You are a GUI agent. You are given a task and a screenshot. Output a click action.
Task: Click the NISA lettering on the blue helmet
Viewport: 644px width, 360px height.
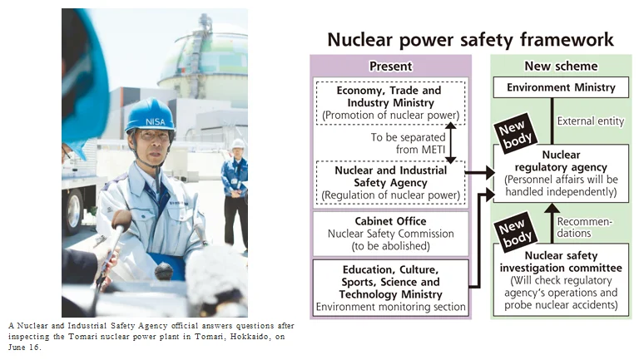(156, 121)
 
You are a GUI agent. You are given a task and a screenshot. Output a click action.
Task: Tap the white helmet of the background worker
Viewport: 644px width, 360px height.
(238, 144)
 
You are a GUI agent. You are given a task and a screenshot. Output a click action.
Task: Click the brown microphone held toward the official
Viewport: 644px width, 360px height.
(121, 221)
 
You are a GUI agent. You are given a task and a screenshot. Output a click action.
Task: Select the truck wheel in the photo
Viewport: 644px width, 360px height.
(74, 210)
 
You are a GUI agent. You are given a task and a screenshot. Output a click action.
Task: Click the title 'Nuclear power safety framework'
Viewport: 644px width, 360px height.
(470, 40)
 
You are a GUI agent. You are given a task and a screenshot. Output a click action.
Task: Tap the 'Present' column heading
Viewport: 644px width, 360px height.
(390, 66)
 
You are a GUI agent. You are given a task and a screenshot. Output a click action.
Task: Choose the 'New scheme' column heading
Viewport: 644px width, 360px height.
(561, 66)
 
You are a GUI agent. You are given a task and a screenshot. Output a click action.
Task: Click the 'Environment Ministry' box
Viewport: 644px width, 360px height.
(561, 87)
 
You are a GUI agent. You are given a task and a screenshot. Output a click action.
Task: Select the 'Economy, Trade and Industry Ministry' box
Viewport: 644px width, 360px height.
(390, 102)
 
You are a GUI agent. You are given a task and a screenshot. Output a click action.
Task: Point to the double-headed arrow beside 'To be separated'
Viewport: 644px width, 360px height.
(451, 143)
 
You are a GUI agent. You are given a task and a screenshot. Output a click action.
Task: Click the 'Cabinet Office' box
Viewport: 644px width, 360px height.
(390, 234)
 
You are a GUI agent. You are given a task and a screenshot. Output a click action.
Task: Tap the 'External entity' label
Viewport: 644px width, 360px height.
(591, 121)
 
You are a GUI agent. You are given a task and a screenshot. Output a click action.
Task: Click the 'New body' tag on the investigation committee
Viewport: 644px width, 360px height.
(515, 232)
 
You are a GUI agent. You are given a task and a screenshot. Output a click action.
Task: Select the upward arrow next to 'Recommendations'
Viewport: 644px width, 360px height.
(552, 224)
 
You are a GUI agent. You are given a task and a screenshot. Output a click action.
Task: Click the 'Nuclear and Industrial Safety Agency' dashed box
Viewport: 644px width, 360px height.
(390, 183)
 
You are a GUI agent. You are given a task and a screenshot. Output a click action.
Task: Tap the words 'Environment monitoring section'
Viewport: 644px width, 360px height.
(390, 307)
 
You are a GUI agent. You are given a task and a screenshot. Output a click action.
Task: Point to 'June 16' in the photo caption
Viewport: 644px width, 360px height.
(24, 348)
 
